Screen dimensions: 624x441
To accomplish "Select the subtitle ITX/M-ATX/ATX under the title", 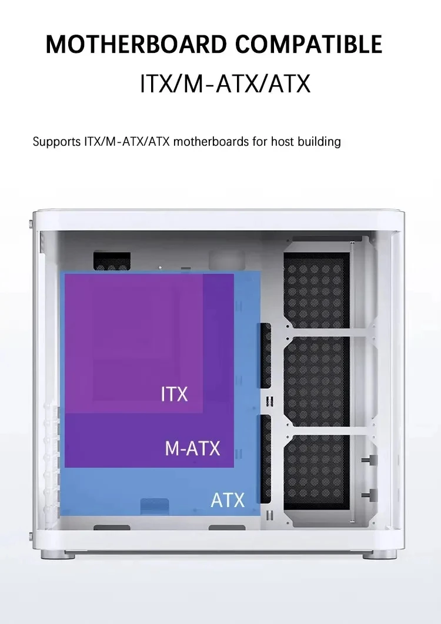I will pyautogui.click(x=225, y=83).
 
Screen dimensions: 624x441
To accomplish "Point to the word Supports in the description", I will pyautogui.click(x=56, y=142).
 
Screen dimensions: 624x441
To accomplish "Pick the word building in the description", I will pyautogui.click(x=320, y=142).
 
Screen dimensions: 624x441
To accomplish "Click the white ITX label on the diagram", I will pyautogui.click(x=174, y=394).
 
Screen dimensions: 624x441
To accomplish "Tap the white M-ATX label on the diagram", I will pyautogui.click(x=192, y=449).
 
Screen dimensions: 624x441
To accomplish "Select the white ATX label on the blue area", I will pyautogui.click(x=228, y=501).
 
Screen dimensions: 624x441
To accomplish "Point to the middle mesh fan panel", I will pyautogui.click(x=316, y=385).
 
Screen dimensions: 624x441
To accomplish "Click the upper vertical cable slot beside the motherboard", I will pyautogui.click(x=265, y=355).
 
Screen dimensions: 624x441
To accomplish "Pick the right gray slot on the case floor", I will pyautogui.click(x=227, y=528).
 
